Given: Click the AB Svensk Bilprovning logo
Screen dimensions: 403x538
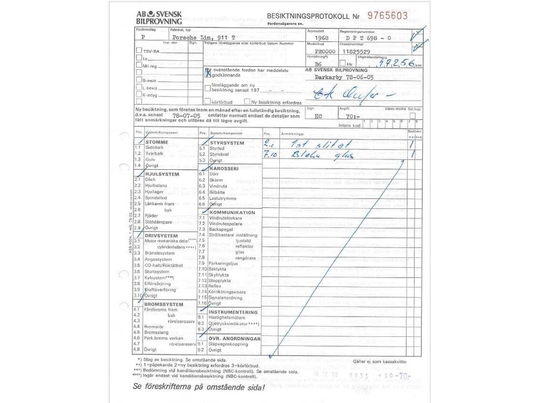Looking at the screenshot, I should click(x=159, y=18).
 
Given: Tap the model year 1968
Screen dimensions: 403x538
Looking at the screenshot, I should click(x=322, y=38).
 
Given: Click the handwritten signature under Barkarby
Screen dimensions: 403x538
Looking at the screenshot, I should click(x=344, y=96).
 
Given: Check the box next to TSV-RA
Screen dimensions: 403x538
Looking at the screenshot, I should click(x=139, y=51).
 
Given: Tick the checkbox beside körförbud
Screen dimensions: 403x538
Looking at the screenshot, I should click(x=207, y=101).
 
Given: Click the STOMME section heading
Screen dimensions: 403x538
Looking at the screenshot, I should click(x=157, y=142).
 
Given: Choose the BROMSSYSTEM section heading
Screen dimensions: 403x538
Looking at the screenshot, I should click(x=164, y=305).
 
